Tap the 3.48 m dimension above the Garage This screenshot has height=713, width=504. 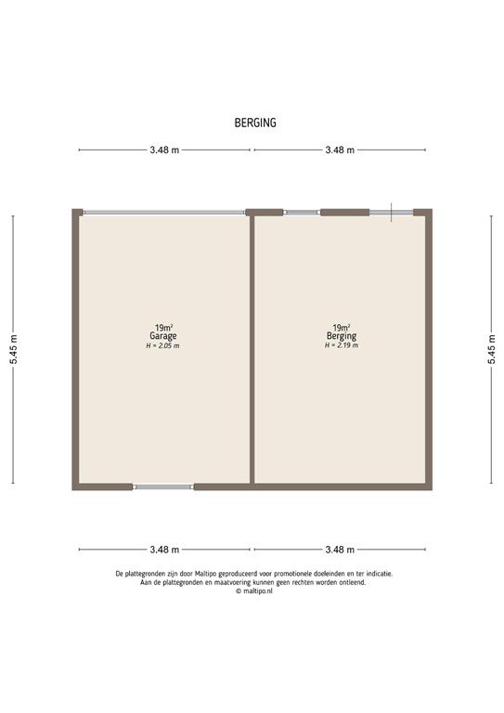tap(165, 149)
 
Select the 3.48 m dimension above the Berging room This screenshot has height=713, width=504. tap(339, 149)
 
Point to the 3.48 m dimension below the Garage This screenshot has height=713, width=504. tap(165, 549)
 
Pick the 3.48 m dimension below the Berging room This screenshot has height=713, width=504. tap(339, 549)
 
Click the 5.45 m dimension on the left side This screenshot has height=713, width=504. tap(13, 350)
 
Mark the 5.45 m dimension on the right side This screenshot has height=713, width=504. tap(491, 350)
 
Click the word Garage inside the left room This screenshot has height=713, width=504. tap(165, 336)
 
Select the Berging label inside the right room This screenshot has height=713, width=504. tap(342, 336)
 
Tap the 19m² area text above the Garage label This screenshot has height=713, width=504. tap(165, 327)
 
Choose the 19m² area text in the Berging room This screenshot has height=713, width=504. tap(342, 327)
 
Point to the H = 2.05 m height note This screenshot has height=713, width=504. tap(164, 345)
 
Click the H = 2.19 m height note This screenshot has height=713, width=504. tap(342, 345)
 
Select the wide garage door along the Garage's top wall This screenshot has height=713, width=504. tap(164, 213)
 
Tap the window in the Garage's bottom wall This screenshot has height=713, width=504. tap(163, 486)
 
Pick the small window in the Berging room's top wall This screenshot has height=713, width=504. tap(302, 213)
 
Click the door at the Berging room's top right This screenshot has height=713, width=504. tap(391, 213)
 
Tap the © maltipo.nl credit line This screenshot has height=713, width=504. tap(252, 590)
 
